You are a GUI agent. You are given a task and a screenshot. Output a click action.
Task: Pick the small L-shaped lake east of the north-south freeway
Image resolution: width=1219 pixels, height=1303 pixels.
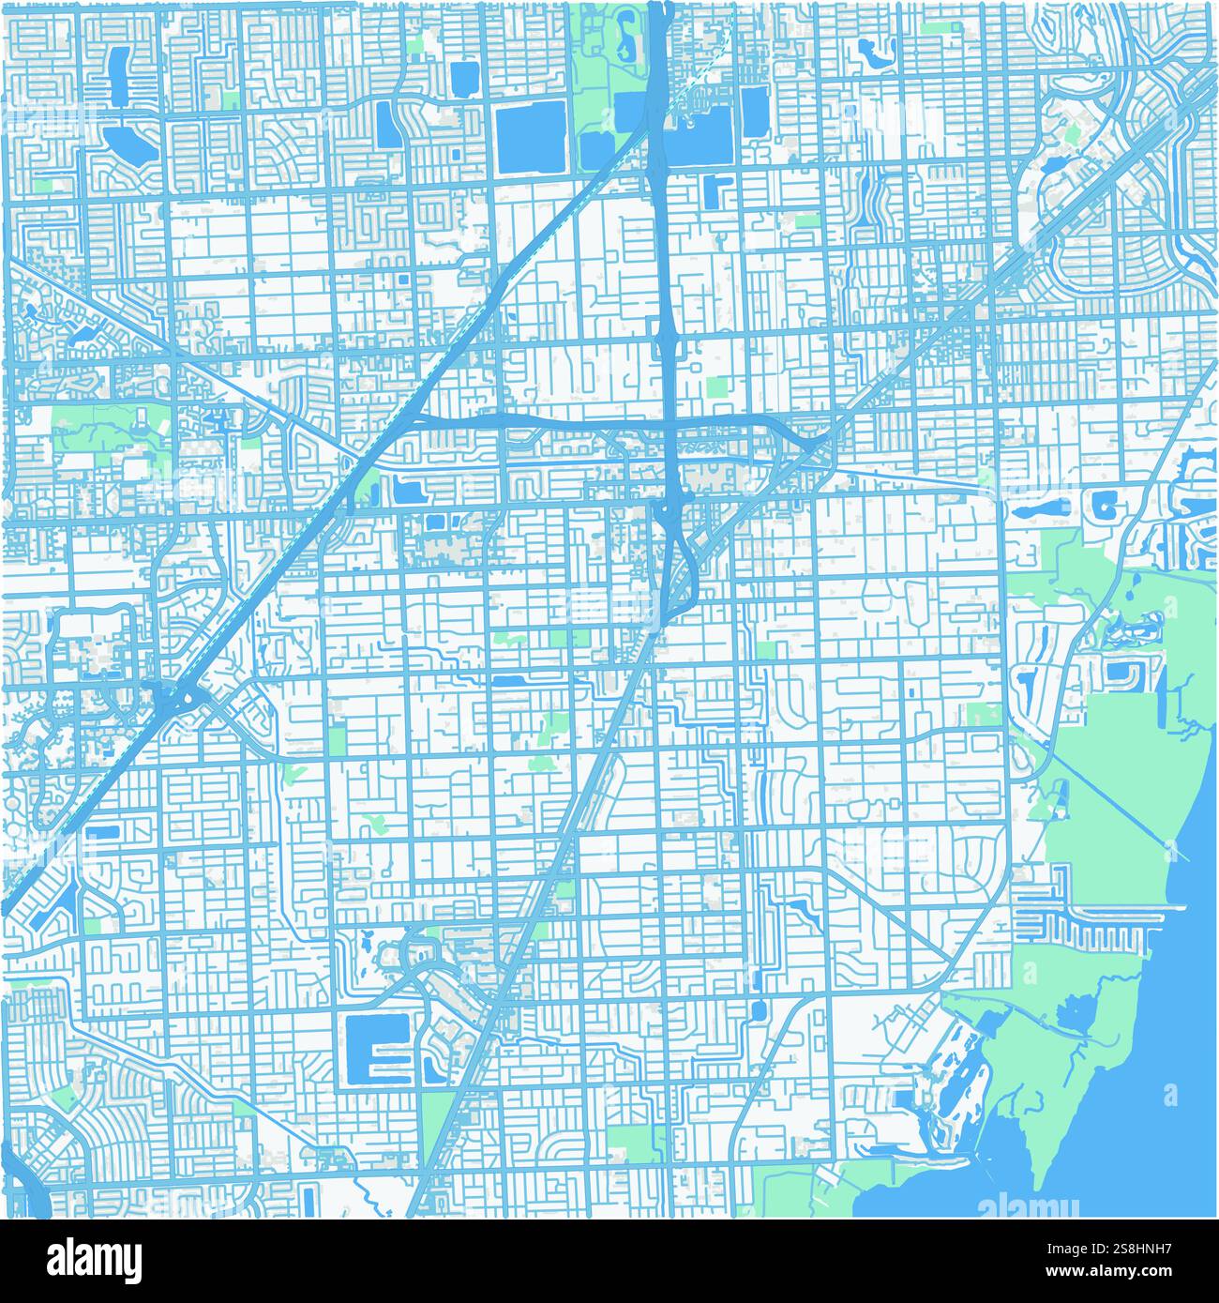(716, 189)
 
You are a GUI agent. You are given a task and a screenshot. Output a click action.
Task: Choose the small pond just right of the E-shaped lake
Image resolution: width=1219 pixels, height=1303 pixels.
(432, 1067)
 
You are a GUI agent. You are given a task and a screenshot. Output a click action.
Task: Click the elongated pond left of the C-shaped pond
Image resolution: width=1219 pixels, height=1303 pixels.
(1038, 510)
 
